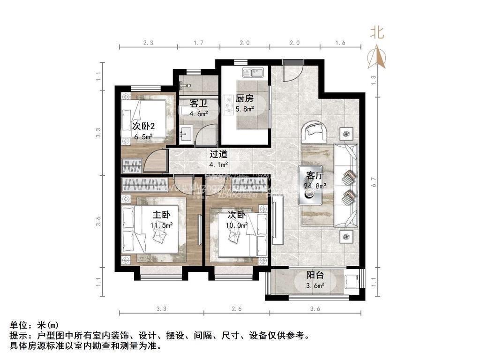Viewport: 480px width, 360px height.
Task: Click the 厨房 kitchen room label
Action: (x=244, y=99)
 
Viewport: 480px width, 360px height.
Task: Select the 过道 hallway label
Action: (x=218, y=154)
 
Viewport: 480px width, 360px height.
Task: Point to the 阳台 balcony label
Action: (x=315, y=276)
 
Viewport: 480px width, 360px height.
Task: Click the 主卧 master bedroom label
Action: (x=161, y=215)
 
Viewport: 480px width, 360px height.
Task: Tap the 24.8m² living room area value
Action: (x=315, y=187)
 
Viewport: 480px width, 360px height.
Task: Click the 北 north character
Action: (x=377, y=33)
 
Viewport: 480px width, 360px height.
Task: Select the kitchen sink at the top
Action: (x=253, y=73)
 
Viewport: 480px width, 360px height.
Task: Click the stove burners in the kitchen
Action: (x=229, y=106)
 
